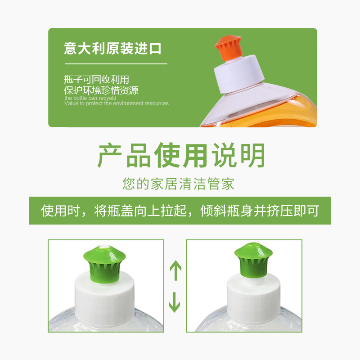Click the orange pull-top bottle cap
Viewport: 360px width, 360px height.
pyautogui.click(x=228, y=48)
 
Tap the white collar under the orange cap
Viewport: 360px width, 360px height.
pyautogui.click(x=239, y=74)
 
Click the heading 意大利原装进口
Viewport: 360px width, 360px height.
pyautogui.click(x=113, y=49)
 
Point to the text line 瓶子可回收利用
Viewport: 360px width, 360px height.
pyautogui.click(x=96, y=80)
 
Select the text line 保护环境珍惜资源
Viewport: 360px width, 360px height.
pyautogui.click(x=101, y=90)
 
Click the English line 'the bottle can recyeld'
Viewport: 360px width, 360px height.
pyautogui.click(x=90, y=98)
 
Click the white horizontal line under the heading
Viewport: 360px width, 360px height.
pyautogui.click(x=116, y=64)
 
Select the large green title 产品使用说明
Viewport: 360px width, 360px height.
pyautogui.click(x=181, y=155)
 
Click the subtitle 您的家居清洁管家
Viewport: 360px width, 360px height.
pyautogui.click(x=178, y=184)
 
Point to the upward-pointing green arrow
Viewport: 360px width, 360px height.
pyautogui.click(x=175, y=270)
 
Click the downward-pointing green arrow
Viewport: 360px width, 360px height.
pyautogui.click(x=174, y=302)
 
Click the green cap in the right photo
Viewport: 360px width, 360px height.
pyautogui.click(x=253, y=260)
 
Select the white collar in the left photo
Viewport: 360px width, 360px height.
pyautogui.click(x=104, y=299)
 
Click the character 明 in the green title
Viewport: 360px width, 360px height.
pyautogui.click(x=252, y=155)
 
